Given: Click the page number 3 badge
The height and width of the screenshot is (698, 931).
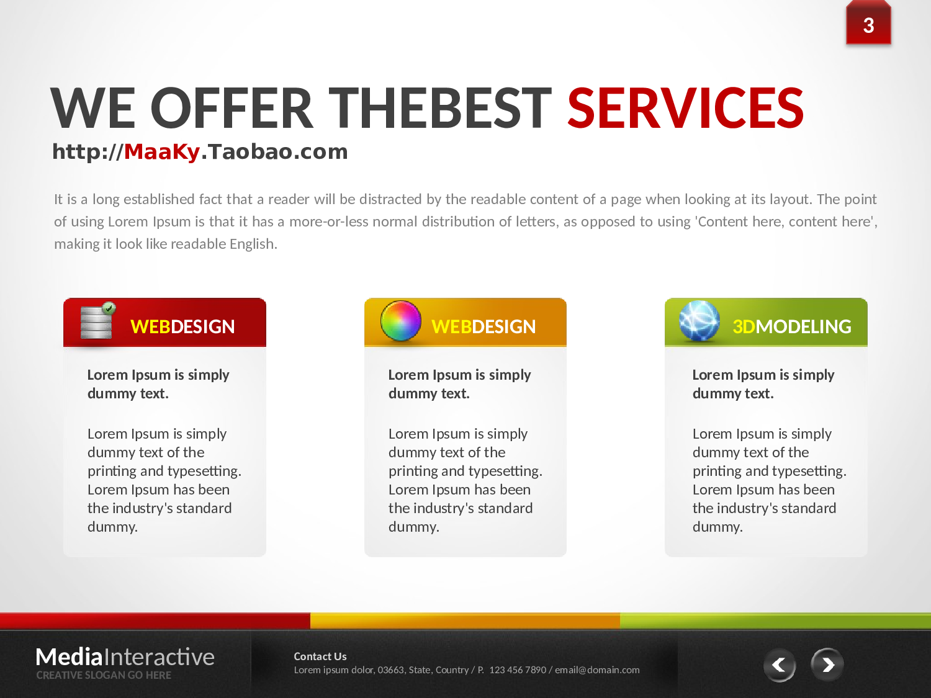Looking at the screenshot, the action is coord(868,24).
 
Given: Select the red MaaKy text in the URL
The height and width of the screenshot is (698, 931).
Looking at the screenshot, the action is coord(161,152).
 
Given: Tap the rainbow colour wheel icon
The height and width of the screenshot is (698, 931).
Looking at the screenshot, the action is coord(401,321).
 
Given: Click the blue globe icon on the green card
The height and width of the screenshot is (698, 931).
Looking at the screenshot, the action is coord(699,321).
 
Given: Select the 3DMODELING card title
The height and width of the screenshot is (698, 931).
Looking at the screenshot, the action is coord(792,327).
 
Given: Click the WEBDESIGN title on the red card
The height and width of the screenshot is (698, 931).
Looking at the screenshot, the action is coord(182,327).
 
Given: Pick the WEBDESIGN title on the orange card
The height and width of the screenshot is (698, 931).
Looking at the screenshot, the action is coord(483,327).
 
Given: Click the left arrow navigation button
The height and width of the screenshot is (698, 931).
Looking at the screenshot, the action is coord(780,664).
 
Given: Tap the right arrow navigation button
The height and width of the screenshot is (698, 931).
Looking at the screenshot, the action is coord(827,664).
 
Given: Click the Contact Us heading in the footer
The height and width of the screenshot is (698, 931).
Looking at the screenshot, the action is coord(320,656).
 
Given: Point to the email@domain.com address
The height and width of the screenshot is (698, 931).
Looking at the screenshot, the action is coord(597,670).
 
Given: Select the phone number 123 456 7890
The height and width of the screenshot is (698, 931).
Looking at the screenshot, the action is coord(518,670).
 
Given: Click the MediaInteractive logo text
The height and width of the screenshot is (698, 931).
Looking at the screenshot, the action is coord(125,657).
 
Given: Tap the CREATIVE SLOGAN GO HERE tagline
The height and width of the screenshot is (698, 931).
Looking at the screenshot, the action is coord(104,675).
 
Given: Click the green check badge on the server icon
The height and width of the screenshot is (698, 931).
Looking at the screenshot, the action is coord(109,308).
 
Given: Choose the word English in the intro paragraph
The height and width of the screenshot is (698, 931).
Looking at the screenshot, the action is coord(253,244).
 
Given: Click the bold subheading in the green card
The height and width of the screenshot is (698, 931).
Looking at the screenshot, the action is coord(763,384).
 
